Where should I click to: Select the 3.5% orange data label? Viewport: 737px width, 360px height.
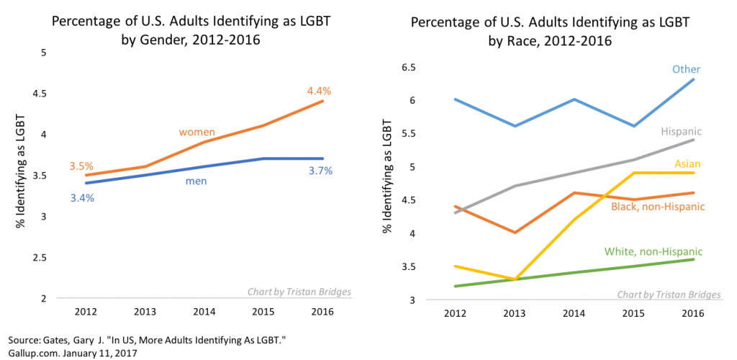pyautogui.click(x=81, y=166)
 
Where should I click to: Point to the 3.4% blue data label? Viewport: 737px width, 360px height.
pyautogui.click(x=81, y=197)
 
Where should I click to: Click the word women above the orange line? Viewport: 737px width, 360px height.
pyautogui.click(x=197, y=132)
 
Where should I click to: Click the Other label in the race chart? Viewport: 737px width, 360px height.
pyautogui.click(x=686, y=69)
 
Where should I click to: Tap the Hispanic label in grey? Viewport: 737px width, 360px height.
pyautogui.click(x=681, y=132)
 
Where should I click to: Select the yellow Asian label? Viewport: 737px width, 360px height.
pyautogui.click(x=688, y=164)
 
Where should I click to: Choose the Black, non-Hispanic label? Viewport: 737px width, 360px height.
pyautogui.click(x=657, y=207)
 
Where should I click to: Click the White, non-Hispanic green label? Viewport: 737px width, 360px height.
pyautogui.click(x=654, y=251)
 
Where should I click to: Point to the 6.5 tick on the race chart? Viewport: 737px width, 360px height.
pyautogui.click(x=408, y=67)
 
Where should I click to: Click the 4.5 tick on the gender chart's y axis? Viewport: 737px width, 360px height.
pyautogui.click(x=37, y=94)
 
